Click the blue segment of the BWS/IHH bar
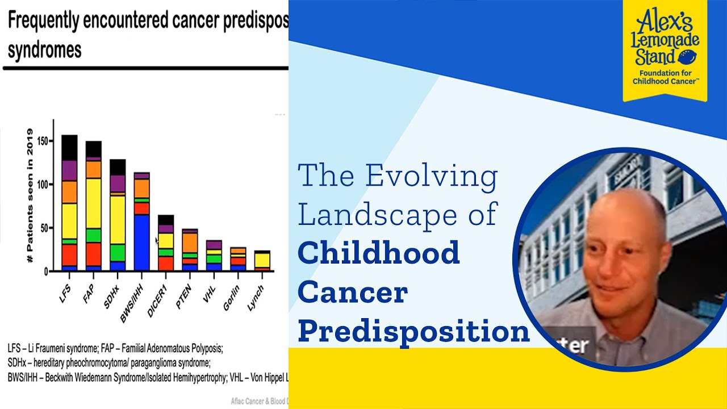coord(142,242)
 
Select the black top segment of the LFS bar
coord(69,147)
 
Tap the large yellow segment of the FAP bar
coord(94,203)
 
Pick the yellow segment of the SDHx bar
coord(118,219)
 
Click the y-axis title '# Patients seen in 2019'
coord(30,196)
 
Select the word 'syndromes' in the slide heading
coord(44,49)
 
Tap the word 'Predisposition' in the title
coord(413,331)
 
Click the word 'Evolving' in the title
coord(431,176)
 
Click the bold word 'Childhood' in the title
coord(378,253)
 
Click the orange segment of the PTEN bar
coord(190,242)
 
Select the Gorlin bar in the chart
coord(238,259)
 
